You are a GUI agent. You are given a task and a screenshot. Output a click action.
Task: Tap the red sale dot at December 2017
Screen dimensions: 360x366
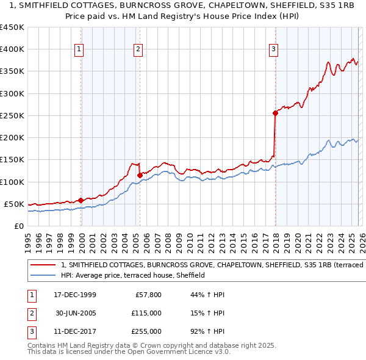pos(275,113)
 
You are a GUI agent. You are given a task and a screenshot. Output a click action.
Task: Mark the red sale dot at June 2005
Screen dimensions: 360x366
pos(140,175)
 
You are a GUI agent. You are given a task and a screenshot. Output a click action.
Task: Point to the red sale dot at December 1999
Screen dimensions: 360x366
pos(81,200)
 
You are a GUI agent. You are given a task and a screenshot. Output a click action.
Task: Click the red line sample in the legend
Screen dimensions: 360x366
pos(43,265)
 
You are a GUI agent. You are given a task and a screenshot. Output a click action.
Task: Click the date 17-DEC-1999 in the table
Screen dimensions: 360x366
pos(74,295)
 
